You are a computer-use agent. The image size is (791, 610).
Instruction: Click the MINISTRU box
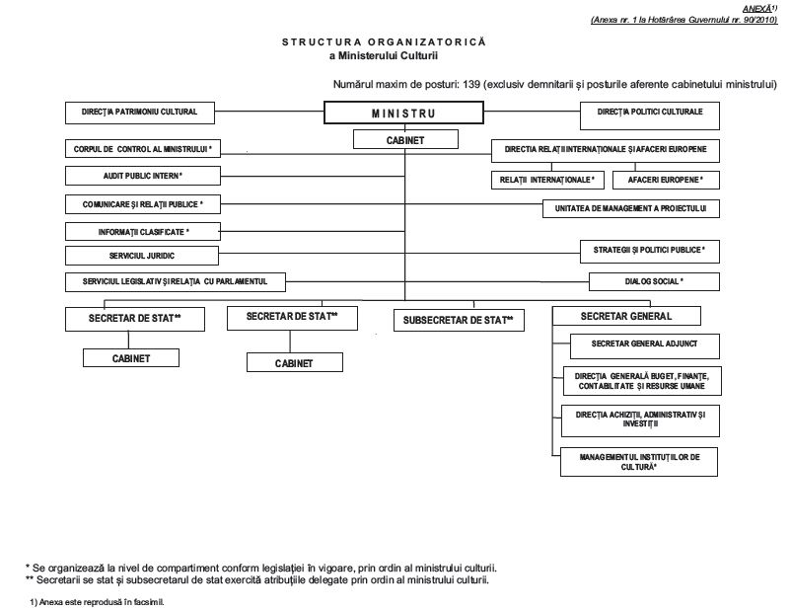click(403, 113)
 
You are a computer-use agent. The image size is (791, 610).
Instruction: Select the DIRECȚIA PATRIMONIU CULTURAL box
click(140, 113)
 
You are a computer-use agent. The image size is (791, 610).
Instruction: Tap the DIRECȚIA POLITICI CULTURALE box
click(650, 115)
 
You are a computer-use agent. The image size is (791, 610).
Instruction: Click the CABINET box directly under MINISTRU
click(405, 139)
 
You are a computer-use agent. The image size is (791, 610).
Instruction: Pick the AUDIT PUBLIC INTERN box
click(143, 176)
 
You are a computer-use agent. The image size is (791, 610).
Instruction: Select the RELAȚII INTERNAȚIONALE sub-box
click(547, 180)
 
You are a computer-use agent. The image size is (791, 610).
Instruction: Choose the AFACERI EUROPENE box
click(666, 180)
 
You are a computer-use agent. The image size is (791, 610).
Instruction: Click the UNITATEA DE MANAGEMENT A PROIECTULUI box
click(631, 208)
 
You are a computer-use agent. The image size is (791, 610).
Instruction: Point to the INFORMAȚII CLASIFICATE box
click(143, 232)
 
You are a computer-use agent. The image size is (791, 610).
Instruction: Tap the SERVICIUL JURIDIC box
click(142, 256)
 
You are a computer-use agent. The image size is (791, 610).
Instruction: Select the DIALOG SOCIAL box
click(654, 281)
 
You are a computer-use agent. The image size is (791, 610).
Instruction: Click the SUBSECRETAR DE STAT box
click(459, 320)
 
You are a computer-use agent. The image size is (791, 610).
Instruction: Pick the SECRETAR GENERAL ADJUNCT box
click(645, 345)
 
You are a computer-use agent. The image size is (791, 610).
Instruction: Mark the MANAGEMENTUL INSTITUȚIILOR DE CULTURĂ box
click(639, 462)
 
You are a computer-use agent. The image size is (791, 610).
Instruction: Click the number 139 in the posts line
click(471, 84)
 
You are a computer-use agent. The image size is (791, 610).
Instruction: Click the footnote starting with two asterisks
click(257, 579)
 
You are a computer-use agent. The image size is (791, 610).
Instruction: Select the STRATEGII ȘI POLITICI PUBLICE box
click(650, 252)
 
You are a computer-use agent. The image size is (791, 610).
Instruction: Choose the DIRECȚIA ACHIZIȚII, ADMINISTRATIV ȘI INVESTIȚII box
click(641, 420)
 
